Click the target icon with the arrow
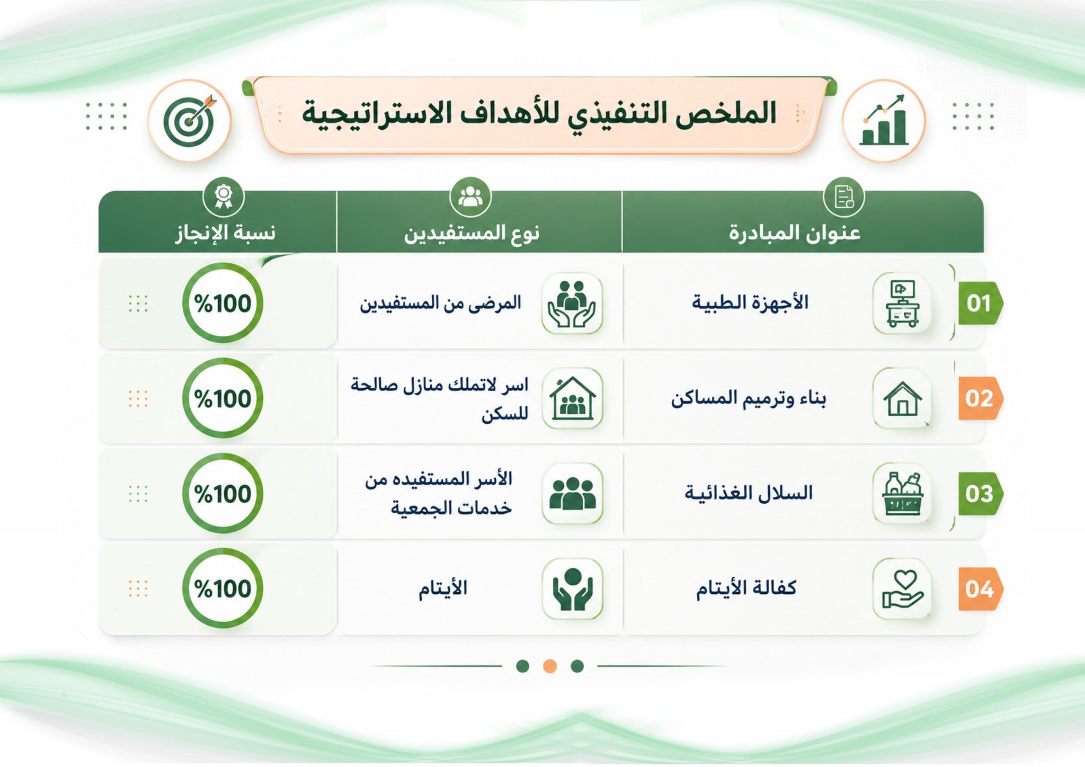(x=190, y=121)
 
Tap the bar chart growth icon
(x=884, y=120)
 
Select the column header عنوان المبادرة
(x=794, y=233)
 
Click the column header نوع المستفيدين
(x=472, y=233)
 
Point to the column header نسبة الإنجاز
(x=226, y=233)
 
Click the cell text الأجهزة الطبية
(x=750, y=302)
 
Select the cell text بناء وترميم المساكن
(x=749, y=398)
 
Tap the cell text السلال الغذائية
(x=749, y=493)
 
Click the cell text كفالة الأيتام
(x=746, y=588)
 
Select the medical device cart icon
(x=902, y=303)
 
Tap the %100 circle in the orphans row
(x=223, y=588)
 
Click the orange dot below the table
(x=550, y=666)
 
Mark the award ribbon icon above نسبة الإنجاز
(x=224, y=197)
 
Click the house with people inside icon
(x=572, y=398)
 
